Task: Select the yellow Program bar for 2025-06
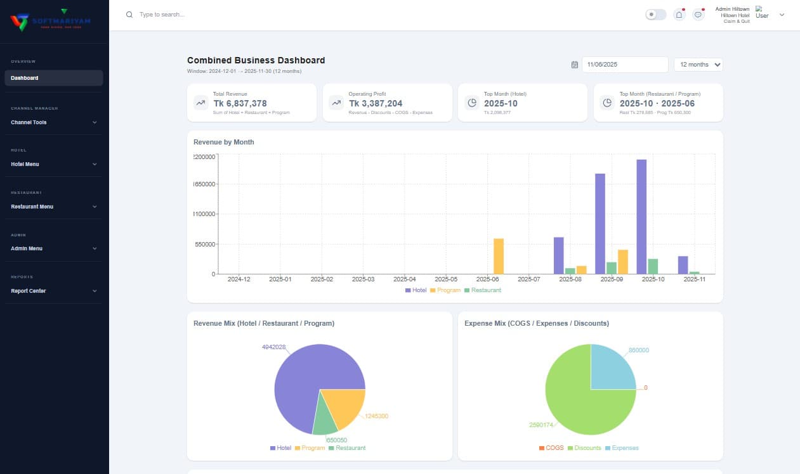[x=499, y=257]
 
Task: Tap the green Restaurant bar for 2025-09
[x=612, y=268]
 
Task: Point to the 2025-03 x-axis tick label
[x=363, y=279]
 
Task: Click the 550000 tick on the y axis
[x=204, y=244]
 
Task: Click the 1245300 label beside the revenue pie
[x=376, y=416]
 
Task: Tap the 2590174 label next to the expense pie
[x=541, y=425]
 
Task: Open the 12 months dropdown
[x=698, y=65]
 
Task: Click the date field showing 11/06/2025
[x=625, y=65]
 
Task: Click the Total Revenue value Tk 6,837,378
[x=240, y=103]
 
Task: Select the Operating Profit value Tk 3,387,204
[x=376, y=103]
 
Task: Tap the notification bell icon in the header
[x=679, y=15]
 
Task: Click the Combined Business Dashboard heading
[x=256, y=60]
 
